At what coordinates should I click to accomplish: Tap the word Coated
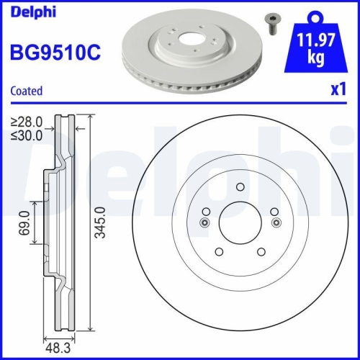tap(26, 91)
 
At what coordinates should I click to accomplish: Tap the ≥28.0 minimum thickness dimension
tap(27, 122)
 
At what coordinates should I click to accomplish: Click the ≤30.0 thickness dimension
tap(27, 134)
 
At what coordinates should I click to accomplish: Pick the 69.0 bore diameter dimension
tap(24, 223)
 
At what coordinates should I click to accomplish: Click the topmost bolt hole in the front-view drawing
tap(240, 188)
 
